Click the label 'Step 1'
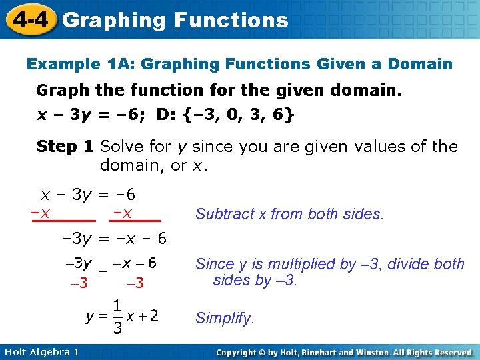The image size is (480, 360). (x=65, y=147)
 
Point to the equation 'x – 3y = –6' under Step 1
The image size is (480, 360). (x=89, y=195)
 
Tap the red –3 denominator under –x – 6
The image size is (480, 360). (x=135, y=283)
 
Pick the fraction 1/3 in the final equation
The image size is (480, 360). (x=116, y=317)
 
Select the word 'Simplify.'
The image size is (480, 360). (x=225, y=319)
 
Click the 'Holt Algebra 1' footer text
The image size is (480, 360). (x=41, y=351)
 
